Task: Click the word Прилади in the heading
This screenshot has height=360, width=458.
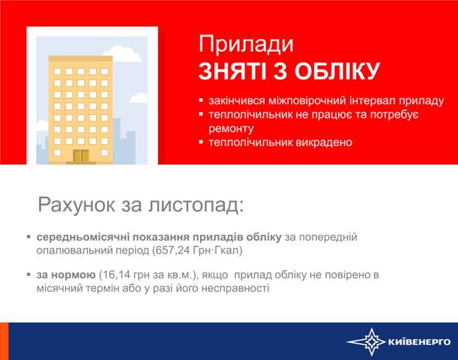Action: (x=246, y=45)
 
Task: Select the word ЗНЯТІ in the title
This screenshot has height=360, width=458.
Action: (x=232, y=71)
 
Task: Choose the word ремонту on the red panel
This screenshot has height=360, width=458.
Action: (x=231, y=129)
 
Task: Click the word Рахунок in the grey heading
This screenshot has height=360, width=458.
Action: (x=76, y=205)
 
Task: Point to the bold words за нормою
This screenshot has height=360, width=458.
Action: (x=66, y=275)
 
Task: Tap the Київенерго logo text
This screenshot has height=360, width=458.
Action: (x=419, y=342)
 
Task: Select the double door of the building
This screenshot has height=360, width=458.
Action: (x=81, y=156)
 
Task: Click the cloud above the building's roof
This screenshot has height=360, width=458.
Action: (x=123, y=53)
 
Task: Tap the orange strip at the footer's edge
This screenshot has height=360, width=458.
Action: (x=4, y=341)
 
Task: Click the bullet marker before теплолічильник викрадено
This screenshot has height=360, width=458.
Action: (x=201, y=142)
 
